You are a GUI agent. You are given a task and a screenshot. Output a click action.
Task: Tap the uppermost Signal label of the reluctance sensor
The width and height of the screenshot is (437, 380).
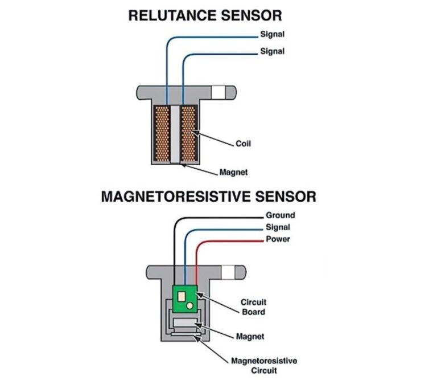[x=273, y=34]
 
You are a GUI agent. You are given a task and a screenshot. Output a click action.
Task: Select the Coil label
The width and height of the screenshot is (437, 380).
[x=243, y=144]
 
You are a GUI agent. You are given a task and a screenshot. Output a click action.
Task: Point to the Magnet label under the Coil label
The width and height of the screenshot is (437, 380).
[x=233, y=172]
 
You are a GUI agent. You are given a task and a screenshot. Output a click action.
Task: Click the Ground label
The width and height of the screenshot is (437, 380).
[x=280, y=215]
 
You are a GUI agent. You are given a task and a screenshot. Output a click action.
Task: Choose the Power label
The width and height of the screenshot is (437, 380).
[x=278, y=239]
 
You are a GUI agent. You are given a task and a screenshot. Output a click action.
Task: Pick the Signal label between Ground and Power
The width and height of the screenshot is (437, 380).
[x=278, y=227]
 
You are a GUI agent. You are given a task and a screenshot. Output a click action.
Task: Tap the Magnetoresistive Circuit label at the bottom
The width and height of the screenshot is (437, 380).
[x=263, y=366]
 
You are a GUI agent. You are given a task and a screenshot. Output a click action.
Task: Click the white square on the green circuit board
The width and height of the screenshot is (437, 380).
[x=182, y=296]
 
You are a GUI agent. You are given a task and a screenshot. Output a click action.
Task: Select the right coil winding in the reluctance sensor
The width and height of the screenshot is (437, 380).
[x=188, y=133]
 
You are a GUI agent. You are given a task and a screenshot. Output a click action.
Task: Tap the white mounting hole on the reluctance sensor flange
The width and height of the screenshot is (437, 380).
[x=218, y=91]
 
